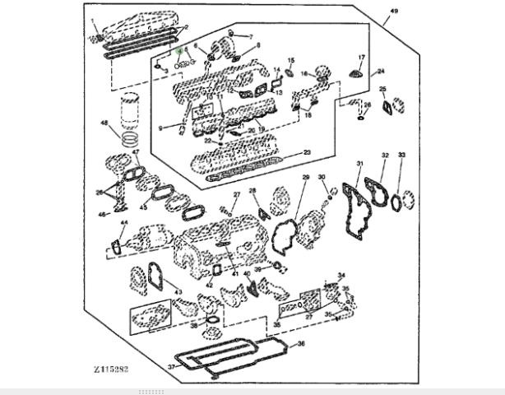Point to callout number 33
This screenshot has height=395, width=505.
tap(401, 155)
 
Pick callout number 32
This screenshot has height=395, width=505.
tap(384, 155)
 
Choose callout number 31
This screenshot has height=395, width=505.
tap(359, 164)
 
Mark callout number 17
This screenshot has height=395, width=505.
tap(359, 57)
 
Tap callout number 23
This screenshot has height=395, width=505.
tap(307, 152)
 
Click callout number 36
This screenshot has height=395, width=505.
tap(301, 343)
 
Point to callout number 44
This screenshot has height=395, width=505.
tap(124, 223)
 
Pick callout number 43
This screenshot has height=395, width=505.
tap(178, 292)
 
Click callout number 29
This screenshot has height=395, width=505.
tap(305, 177)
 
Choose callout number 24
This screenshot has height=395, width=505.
tap(380, 72)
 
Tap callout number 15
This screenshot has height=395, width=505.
tap(290, 61)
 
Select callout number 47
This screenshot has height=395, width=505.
tap(137, 153)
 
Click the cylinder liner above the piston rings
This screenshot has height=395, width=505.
tap(131, 109)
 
